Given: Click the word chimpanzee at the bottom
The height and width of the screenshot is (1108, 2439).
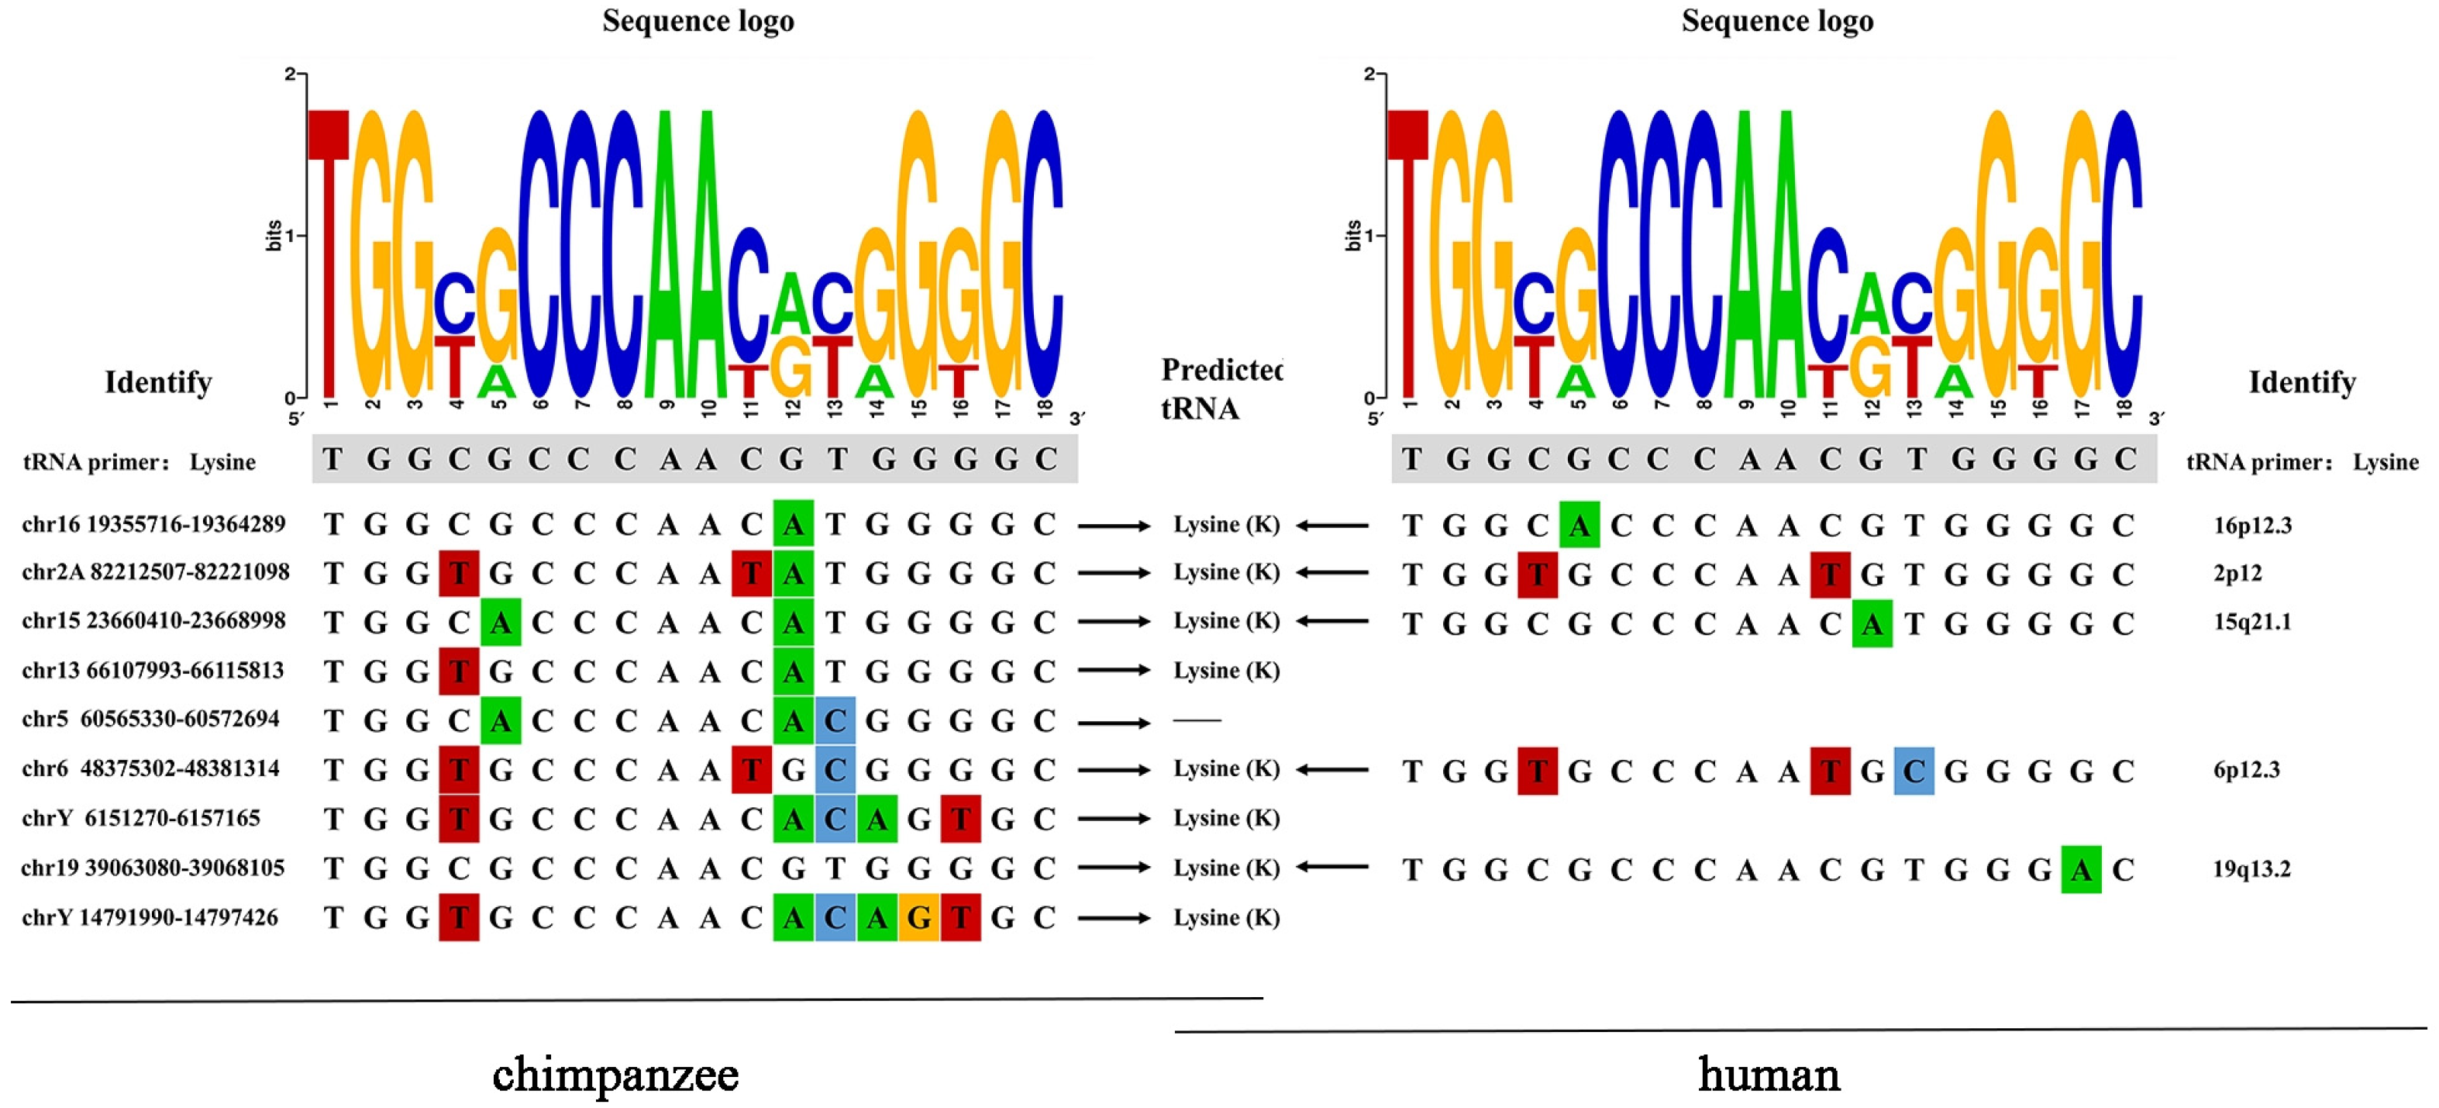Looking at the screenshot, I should point(615,1074).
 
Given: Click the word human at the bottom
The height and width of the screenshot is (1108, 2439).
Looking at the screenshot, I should point(1769,1074).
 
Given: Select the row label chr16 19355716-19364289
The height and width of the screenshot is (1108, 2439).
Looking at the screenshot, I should point(153,523).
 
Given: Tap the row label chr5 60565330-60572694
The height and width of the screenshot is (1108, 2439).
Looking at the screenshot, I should point(150,719).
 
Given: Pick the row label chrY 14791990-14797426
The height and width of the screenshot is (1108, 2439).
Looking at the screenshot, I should point(150,916).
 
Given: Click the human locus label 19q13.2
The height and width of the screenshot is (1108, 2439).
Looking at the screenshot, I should point(2251,868).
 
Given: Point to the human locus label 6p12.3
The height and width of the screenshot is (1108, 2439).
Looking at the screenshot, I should point(2246,769).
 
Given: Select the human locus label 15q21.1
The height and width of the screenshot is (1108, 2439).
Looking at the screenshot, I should point(2251,621).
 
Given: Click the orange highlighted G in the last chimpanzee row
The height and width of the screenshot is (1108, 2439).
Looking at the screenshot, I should point(918,916).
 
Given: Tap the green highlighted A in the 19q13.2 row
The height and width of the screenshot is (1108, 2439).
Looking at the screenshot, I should point(2081,869).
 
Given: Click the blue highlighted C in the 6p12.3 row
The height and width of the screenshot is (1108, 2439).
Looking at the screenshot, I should point(1914,771).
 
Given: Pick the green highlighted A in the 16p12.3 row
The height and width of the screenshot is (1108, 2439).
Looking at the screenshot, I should point(1579,525).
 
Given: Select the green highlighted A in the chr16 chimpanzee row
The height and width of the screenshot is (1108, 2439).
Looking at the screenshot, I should point(794,523).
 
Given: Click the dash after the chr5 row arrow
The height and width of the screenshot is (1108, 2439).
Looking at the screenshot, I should point(1197,720).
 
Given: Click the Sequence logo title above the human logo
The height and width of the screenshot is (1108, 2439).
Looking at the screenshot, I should point(1777,21).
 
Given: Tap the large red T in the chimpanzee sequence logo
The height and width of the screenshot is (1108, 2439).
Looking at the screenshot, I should point(329,256).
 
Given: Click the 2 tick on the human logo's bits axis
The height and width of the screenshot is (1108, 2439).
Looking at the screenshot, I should point(1369,74).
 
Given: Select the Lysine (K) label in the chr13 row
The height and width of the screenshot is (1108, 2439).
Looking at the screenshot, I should point(1226,671).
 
